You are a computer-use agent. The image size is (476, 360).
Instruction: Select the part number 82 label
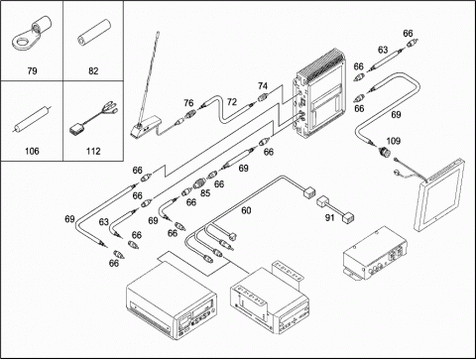[93, 70]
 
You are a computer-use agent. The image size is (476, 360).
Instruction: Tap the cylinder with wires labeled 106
[32, 119]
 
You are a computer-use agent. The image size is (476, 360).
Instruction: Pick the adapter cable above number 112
[93, 117]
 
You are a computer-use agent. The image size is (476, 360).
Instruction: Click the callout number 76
[188, 103]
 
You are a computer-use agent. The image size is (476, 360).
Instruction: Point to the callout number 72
[232, 102]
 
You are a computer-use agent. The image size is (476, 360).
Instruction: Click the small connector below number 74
[263, 97]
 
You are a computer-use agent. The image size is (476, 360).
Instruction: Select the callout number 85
[205, 192]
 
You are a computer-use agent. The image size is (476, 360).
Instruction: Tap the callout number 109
[393, 141]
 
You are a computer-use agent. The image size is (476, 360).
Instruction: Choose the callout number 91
[329, 217]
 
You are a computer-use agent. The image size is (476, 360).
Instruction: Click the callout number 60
[246, 210]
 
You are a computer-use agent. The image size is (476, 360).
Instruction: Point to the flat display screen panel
[439, 195]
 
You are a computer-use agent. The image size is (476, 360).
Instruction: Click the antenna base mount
[144, 127]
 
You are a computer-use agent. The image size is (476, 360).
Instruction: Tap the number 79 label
[32, 70]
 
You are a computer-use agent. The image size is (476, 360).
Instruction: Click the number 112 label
[93, 151]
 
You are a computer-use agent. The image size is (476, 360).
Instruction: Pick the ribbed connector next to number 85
[199, 182]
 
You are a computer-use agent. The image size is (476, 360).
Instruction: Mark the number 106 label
[32, 151]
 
